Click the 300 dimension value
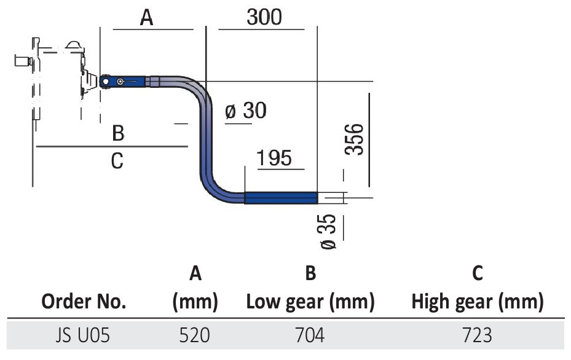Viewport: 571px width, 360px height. (264, 17)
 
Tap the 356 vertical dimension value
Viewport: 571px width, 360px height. (355, 139)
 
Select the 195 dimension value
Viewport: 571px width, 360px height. (274, 158)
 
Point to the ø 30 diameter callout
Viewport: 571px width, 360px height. (245, 111)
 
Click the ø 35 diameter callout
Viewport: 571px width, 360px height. (329, 231)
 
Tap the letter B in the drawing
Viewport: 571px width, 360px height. (119, 132)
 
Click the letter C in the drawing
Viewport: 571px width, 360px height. (117, 161)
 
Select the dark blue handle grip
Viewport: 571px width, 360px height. (281, 198)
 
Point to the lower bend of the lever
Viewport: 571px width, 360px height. (213, 189)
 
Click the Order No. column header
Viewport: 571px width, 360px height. (84, 302)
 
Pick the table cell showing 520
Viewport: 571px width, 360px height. (195, 335)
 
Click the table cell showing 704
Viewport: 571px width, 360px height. (310, 335)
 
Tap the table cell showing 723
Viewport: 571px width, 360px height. (477, 335)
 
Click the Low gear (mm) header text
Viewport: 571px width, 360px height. (310, 302)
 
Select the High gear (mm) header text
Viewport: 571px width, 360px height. (477, 302)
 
